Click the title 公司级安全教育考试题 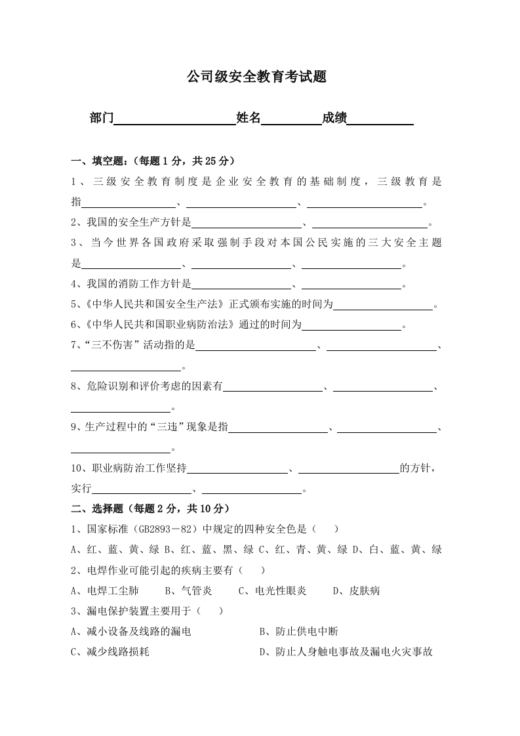(x=256, y=77)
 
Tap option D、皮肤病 (x=356, y=590)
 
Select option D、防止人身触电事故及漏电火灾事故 (x=346, y=652)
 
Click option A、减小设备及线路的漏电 (x=130, y=632)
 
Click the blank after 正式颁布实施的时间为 (x=384, y=305)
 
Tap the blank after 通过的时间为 (x=351, y=325)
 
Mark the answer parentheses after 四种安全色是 (x=326, y=529)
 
